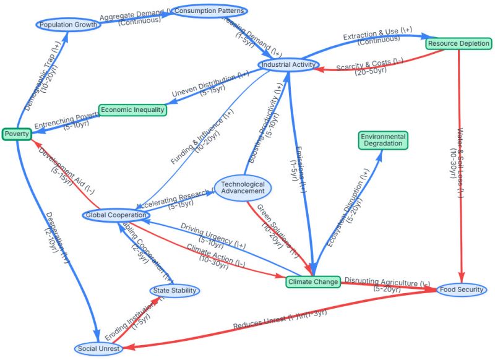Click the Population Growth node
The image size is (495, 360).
tap(67, 25)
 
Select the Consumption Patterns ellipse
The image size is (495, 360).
tap(209, 11)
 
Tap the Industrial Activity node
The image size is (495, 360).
tap(289, 64)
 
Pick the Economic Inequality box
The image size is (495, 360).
tap(132, 110)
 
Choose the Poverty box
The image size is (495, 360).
tap(16, 134)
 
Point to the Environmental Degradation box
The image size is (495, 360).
tap(383, 140)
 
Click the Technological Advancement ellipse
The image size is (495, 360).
tap(243, 187)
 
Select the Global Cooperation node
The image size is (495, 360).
tap(116, 215)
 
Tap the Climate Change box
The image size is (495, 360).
tap(313, 282)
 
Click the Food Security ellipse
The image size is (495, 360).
tap(462, 289)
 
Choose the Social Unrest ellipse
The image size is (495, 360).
tap(98, 349)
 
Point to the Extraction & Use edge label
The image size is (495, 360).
tap(371, 38)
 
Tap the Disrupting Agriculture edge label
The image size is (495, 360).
tap(387, 285)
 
